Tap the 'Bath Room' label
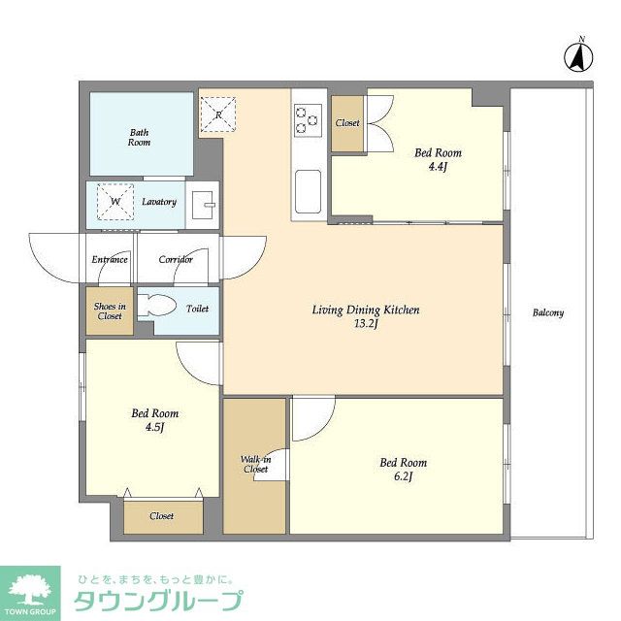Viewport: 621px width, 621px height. [x=140, y=137]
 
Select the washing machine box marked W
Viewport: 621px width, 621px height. [x=115, y=202]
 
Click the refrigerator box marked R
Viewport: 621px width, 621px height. [x=218, y=114]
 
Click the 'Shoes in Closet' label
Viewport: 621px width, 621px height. [x=109, y=310]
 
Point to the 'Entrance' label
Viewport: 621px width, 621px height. [x=110, y=259]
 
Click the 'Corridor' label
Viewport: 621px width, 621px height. [x=176, y=259]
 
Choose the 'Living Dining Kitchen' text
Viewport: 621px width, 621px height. [x=365, y=310]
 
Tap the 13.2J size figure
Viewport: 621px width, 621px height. [x=366, y=325]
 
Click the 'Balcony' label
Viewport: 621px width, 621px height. [x=548, y=312]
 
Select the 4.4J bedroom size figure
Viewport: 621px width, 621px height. [x=438, y=167]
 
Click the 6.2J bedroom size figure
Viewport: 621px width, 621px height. [x=402, y=477]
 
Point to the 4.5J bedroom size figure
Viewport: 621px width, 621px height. [x=155, y=428]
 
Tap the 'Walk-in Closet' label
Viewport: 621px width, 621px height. [x=255, y=464]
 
